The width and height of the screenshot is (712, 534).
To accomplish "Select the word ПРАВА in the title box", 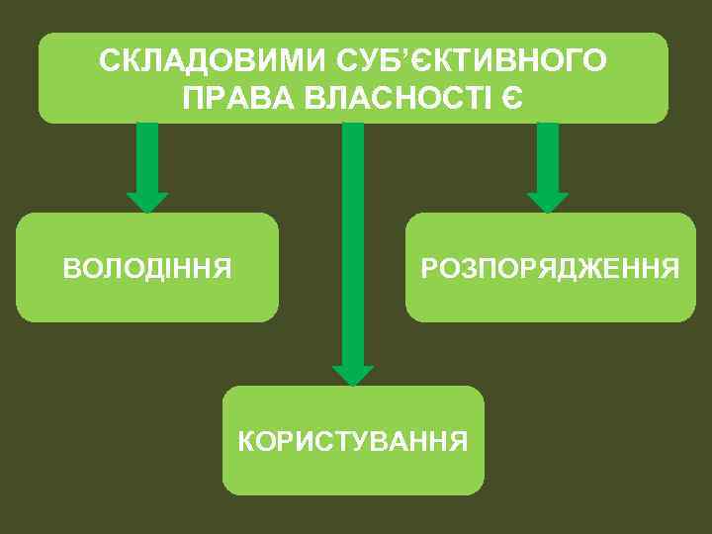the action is point(239,98).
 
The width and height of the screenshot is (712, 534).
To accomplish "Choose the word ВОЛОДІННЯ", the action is point(147,267).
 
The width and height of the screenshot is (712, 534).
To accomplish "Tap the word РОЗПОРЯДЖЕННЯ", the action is point(551,267).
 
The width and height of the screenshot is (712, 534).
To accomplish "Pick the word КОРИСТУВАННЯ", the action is point(353,440).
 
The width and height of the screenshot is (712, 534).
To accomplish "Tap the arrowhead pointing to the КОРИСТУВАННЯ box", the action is point(353,375).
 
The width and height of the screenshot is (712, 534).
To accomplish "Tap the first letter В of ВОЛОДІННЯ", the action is point(69,267).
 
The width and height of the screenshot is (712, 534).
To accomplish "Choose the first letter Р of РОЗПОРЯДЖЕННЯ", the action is point(428,267).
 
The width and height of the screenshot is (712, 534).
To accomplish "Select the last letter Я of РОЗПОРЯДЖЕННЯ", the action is point(671,267).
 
